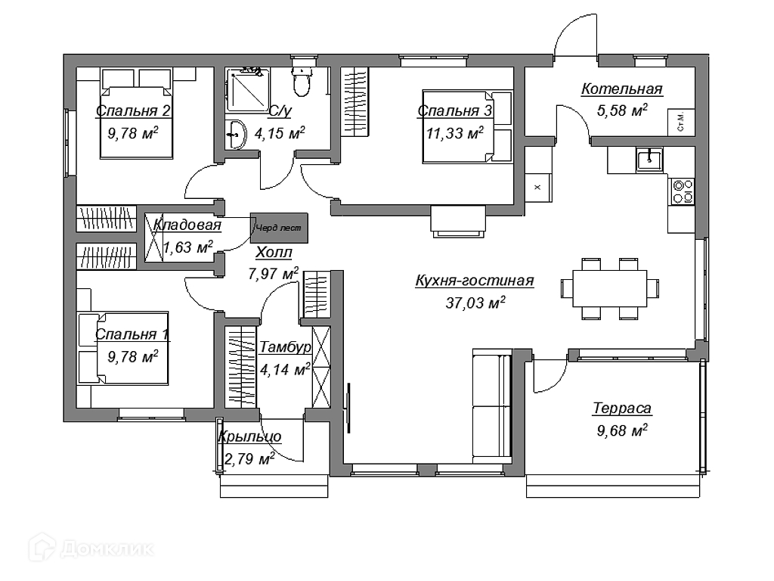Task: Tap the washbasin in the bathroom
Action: coord(237,133)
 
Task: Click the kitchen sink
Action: coord(649,159)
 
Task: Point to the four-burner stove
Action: coord(683,191)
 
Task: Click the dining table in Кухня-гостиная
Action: coord(610,288)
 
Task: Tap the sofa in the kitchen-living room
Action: coord(492,405)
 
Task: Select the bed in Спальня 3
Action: coord(466,126)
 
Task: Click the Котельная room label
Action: coord(622,89)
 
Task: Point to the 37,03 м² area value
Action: coord(475,303)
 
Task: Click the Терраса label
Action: coord(622,409)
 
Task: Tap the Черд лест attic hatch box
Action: coord(279,228)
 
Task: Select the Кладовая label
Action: coord(187,225)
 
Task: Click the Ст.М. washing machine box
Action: coord(681,122)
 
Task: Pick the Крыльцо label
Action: coord(249,437)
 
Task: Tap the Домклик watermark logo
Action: coord(91,548)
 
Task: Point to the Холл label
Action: coord(274,253)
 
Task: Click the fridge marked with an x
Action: coord(538,188)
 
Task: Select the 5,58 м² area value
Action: coord(622,110)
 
